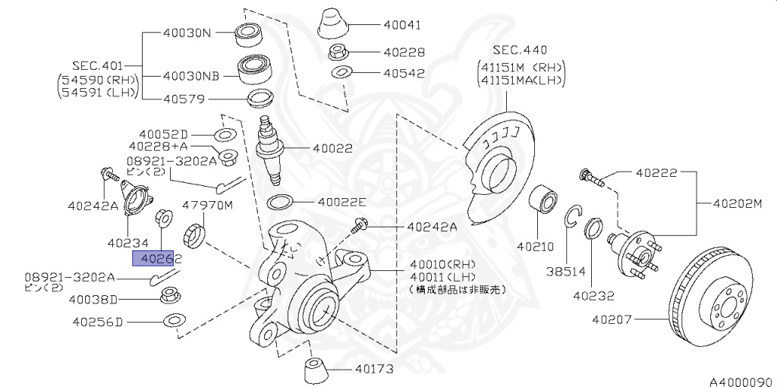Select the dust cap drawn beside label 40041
point(332,25)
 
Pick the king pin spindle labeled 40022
point(271,149)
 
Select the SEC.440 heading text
point(519,49)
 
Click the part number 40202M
point(736,203)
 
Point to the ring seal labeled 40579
point(261,99)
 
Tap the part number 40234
point(127,244)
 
